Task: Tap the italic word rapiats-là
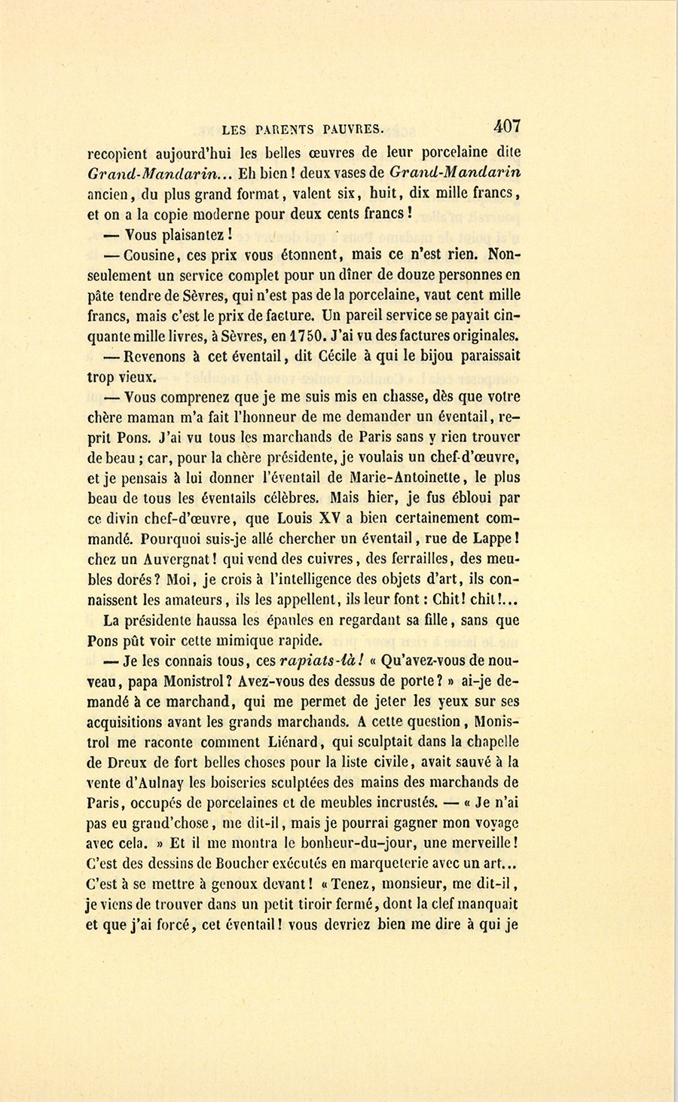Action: pyautogui.click(x=322, y=661)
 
